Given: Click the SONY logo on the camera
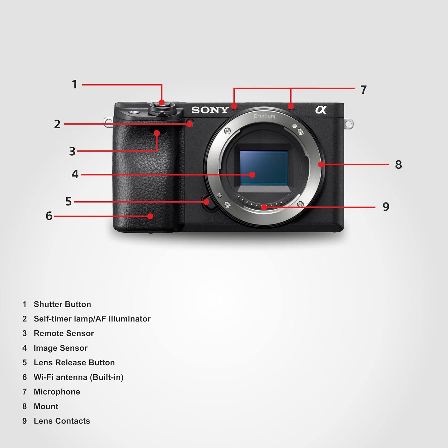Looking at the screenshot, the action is tap(210, 110).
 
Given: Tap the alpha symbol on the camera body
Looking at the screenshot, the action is tap(321, 110).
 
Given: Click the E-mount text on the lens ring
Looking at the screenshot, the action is tap(265, 116).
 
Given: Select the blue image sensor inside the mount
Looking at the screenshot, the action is tap(264, 168).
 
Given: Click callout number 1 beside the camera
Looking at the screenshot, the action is tap(75, 84).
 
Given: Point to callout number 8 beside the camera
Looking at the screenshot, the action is tap(398, 164).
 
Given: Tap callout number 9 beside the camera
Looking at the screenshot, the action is tap(386, 207).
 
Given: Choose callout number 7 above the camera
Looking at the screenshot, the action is tap(363, 90).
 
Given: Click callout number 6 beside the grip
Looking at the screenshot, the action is tap(49, 216).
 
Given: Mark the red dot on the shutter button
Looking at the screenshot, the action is tap(162, 103).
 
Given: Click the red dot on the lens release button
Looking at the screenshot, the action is tap(206, 202).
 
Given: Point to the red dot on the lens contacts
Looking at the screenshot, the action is tap(264, 207).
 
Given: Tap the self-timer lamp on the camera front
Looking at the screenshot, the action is tap(190, 123).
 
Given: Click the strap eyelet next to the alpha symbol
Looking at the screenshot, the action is tap(349, 123).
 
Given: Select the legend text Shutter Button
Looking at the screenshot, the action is tap(62, 304).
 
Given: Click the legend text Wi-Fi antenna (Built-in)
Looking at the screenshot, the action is tap(79, 377).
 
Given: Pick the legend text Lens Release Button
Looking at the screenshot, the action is tap(74, 363).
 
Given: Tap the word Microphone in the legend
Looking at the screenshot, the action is tap(57, 392).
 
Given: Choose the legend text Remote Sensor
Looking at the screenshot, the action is tap(64, 333).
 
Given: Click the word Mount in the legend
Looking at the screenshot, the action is tap(46, 406).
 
